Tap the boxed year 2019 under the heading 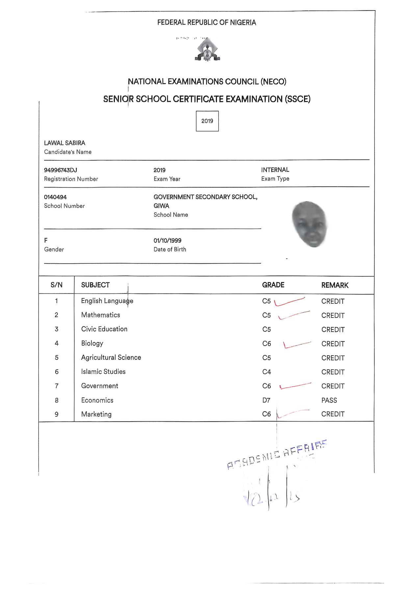coord(207,121)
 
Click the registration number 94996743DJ coord(61,170)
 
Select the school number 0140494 coord(55,197)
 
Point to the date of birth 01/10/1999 coord(167,241)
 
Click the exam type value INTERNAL coord(275,170)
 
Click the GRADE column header coord(273,285)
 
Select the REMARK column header coord(335,285)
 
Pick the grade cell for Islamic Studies coord(266,372)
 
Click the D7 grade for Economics coord(266,400)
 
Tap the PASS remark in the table coord(329,400)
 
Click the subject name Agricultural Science coord(111,357)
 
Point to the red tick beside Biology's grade coord(296,345)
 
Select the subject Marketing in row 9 coord(96,414)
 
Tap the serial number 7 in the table coord(57,386)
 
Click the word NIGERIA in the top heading coord(243,22)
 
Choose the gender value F coord(46,241)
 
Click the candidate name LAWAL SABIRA coord(65,143)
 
